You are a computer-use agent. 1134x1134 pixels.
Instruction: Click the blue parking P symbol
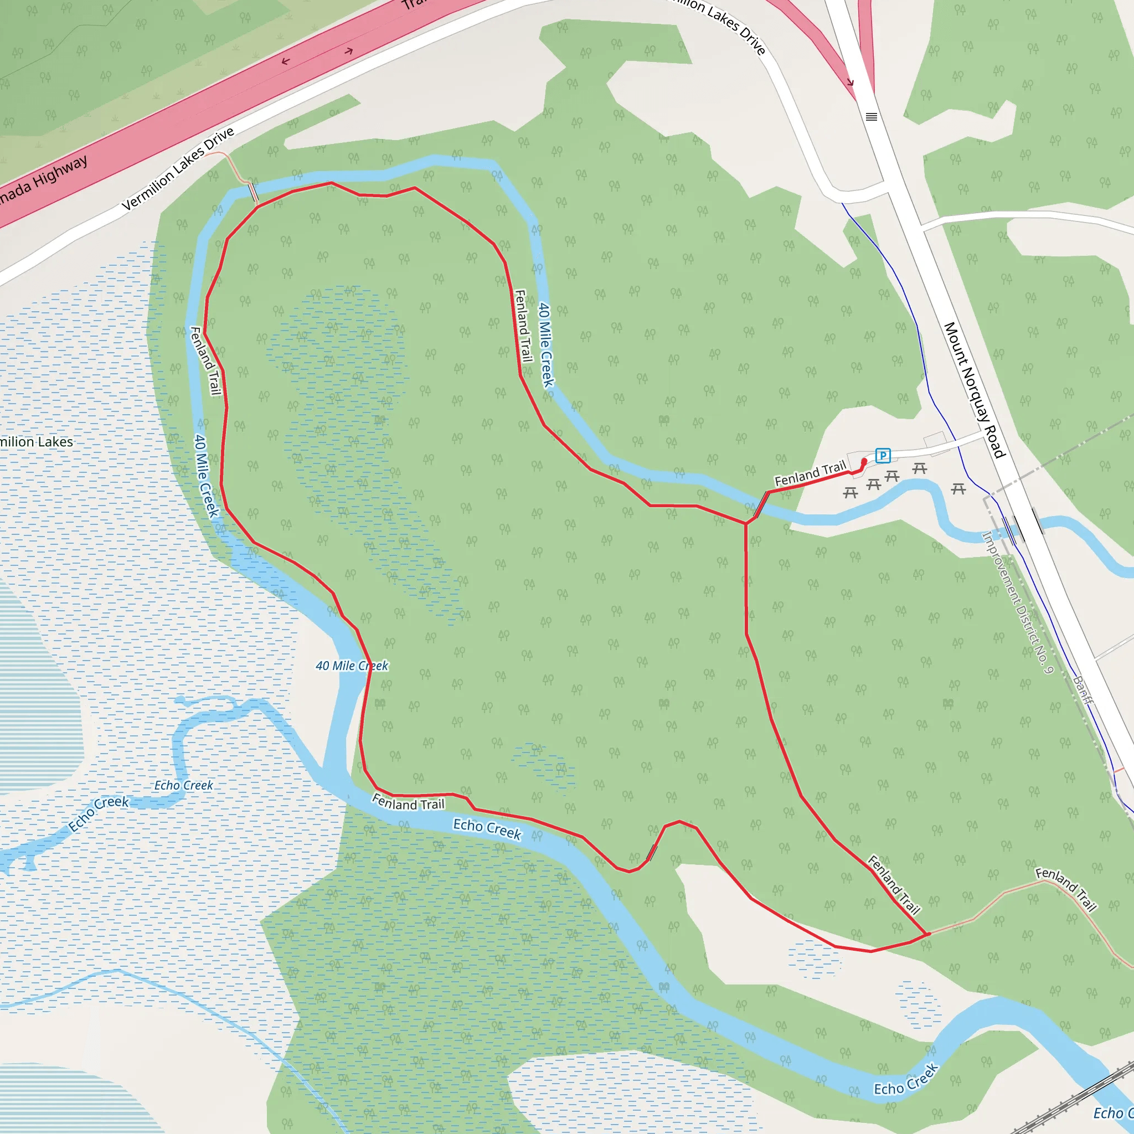(x=882, y=456)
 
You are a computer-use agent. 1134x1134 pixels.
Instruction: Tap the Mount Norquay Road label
(x=975, y=390)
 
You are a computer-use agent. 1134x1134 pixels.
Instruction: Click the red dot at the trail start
(x=864, y=462)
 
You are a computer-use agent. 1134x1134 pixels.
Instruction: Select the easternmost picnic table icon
(x=958, y=488)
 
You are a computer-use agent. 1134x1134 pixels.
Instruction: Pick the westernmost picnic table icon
(x=850, y=492)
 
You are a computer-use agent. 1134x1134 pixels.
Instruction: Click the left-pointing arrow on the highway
(x=286, y=61)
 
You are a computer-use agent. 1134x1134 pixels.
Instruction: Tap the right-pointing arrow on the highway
(x=349, y=51)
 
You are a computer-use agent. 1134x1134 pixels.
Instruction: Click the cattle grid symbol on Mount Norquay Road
(x=872, y=117)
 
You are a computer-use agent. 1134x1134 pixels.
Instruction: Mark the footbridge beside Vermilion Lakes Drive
(x=254, y=192)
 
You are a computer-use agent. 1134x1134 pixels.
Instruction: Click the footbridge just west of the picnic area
(x=761, y=504)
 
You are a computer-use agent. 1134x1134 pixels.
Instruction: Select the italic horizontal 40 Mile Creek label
(x=352, y=666)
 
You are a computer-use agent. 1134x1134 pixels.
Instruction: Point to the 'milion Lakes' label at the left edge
(x=37, y=442)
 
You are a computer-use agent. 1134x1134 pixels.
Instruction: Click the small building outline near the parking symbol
(x=935, y=440)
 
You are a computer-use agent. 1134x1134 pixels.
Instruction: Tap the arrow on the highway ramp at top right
(x=849, y=83)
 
